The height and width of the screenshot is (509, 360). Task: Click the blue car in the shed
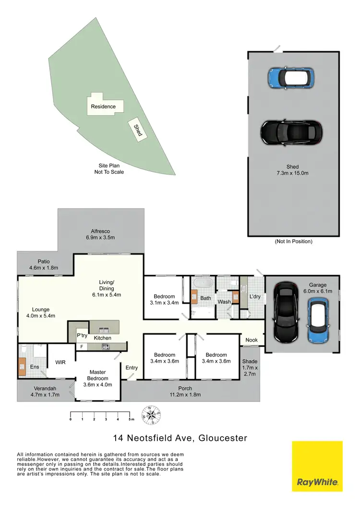pyautogui.click(x=290, y=77)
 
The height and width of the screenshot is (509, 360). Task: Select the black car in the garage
pyautogui.click(x=286, y=312)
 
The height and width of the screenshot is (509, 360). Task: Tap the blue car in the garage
pyautogui.click(x=318, y=320)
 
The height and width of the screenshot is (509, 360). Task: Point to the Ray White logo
pyautogui.click(x=317, y=466)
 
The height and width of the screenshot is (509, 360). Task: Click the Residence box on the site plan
pyautogui.click(x=104, y=107)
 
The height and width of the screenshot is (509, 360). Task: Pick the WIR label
pyautogui.click(x=60, y=363)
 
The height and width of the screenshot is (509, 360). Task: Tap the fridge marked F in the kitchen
pyautogui.click(x=82, y=346)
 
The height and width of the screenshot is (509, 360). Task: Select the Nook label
pyautogui.click(x=252, y=340)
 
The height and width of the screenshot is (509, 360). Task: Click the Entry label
pyautogui.click(x=132, y=368)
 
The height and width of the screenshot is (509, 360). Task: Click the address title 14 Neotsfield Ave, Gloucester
pyautogui.click(x=180, y=438)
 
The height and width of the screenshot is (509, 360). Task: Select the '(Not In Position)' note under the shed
pyautogui.click(x=293, y=241)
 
